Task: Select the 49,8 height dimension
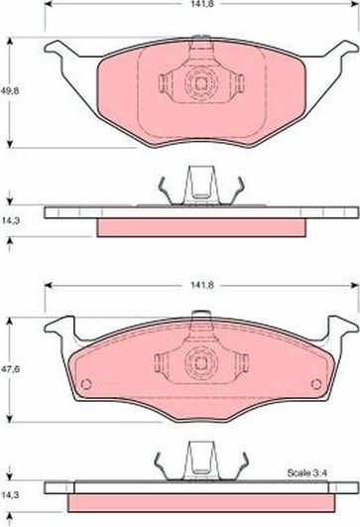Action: (10, 91)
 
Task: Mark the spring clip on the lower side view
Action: (197, 462)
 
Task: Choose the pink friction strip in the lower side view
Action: (197, 502)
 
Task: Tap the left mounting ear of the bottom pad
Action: (61, 324)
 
